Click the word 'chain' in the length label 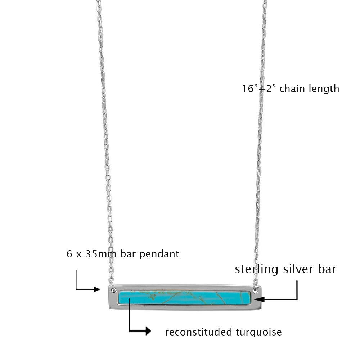[292, 89]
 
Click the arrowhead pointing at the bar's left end [96, 289]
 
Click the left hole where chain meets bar [113, 289]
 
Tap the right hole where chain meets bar [256, 289]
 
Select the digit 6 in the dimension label [69, 254]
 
